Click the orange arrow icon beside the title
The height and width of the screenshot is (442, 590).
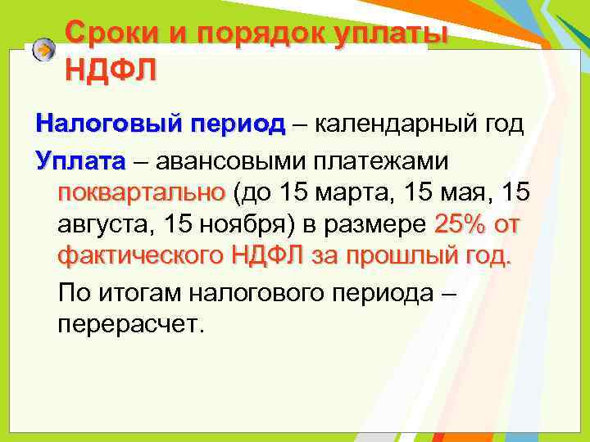coord(45,51)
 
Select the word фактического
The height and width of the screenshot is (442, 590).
coord(140,256)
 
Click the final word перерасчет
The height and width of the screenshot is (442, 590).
coord(129,325)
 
